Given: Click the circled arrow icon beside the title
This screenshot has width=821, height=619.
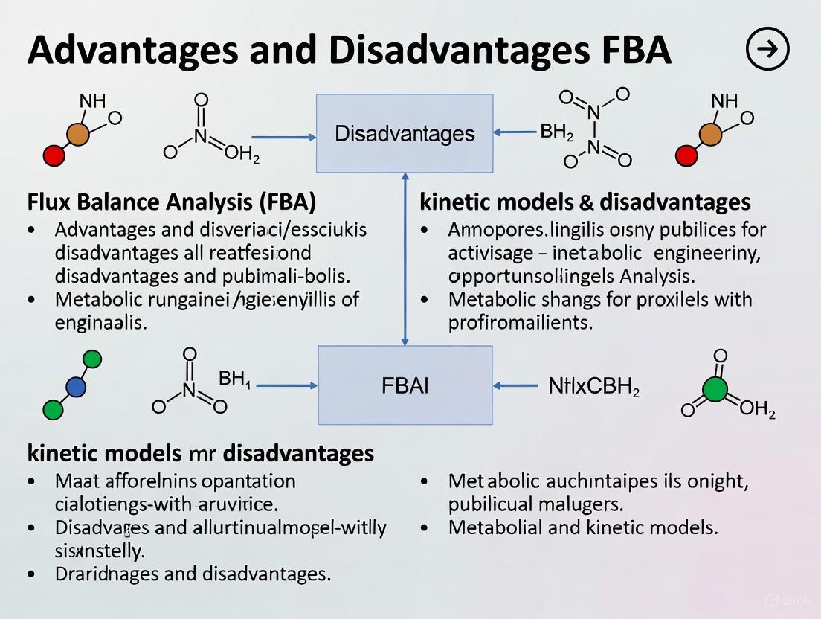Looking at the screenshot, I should (x=766, y=49).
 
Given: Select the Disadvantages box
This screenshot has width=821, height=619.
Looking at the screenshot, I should (x=405, y=134).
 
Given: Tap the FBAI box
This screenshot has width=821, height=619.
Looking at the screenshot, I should (x=405, y=385).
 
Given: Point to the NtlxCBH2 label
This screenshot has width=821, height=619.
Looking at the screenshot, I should (x=593, y=387).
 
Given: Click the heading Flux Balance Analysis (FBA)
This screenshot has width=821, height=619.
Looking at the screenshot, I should (x=172, y=202).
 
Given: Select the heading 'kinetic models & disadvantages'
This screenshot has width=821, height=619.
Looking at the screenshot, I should (x=585, y=202).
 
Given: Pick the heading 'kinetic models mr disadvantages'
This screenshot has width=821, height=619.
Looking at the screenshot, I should (x=201, y=452).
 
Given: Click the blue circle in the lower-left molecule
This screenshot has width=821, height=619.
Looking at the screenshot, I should (x=76, y=386).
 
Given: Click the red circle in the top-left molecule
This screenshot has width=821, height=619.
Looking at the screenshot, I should (x=53, y=155).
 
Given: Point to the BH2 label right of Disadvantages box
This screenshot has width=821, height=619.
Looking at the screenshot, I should (x=556, y=133).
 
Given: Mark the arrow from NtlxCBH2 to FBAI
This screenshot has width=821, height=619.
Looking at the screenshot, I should (x=515, y=386).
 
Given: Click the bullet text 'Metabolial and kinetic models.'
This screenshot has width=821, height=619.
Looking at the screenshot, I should (x=582, y=528).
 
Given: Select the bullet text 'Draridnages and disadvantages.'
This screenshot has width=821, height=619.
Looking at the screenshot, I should (x=193, y=574).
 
